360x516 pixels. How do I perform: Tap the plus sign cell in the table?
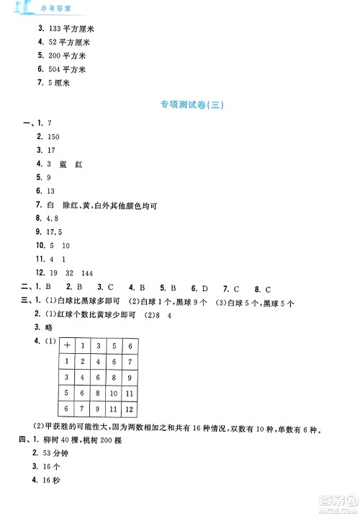click(66, 346)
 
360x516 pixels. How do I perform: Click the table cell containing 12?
click(130, 409)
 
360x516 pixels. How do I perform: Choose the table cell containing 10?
click(114, 393)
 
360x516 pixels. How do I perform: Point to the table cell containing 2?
click(82, 362)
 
